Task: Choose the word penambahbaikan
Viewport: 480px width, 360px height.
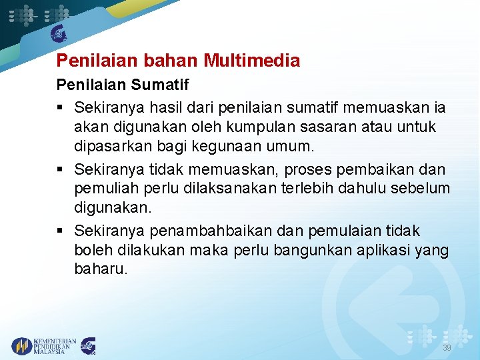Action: [208, 231]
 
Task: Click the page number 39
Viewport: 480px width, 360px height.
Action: [447, 347]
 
